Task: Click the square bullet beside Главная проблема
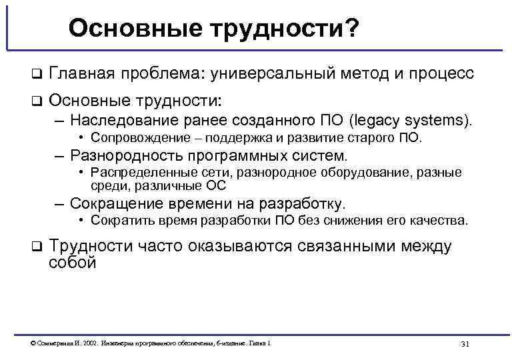(37, 73)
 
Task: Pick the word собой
(73, 263)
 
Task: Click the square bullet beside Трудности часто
(37, 247)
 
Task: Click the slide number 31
(465, 343)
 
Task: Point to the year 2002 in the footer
(91, 343)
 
